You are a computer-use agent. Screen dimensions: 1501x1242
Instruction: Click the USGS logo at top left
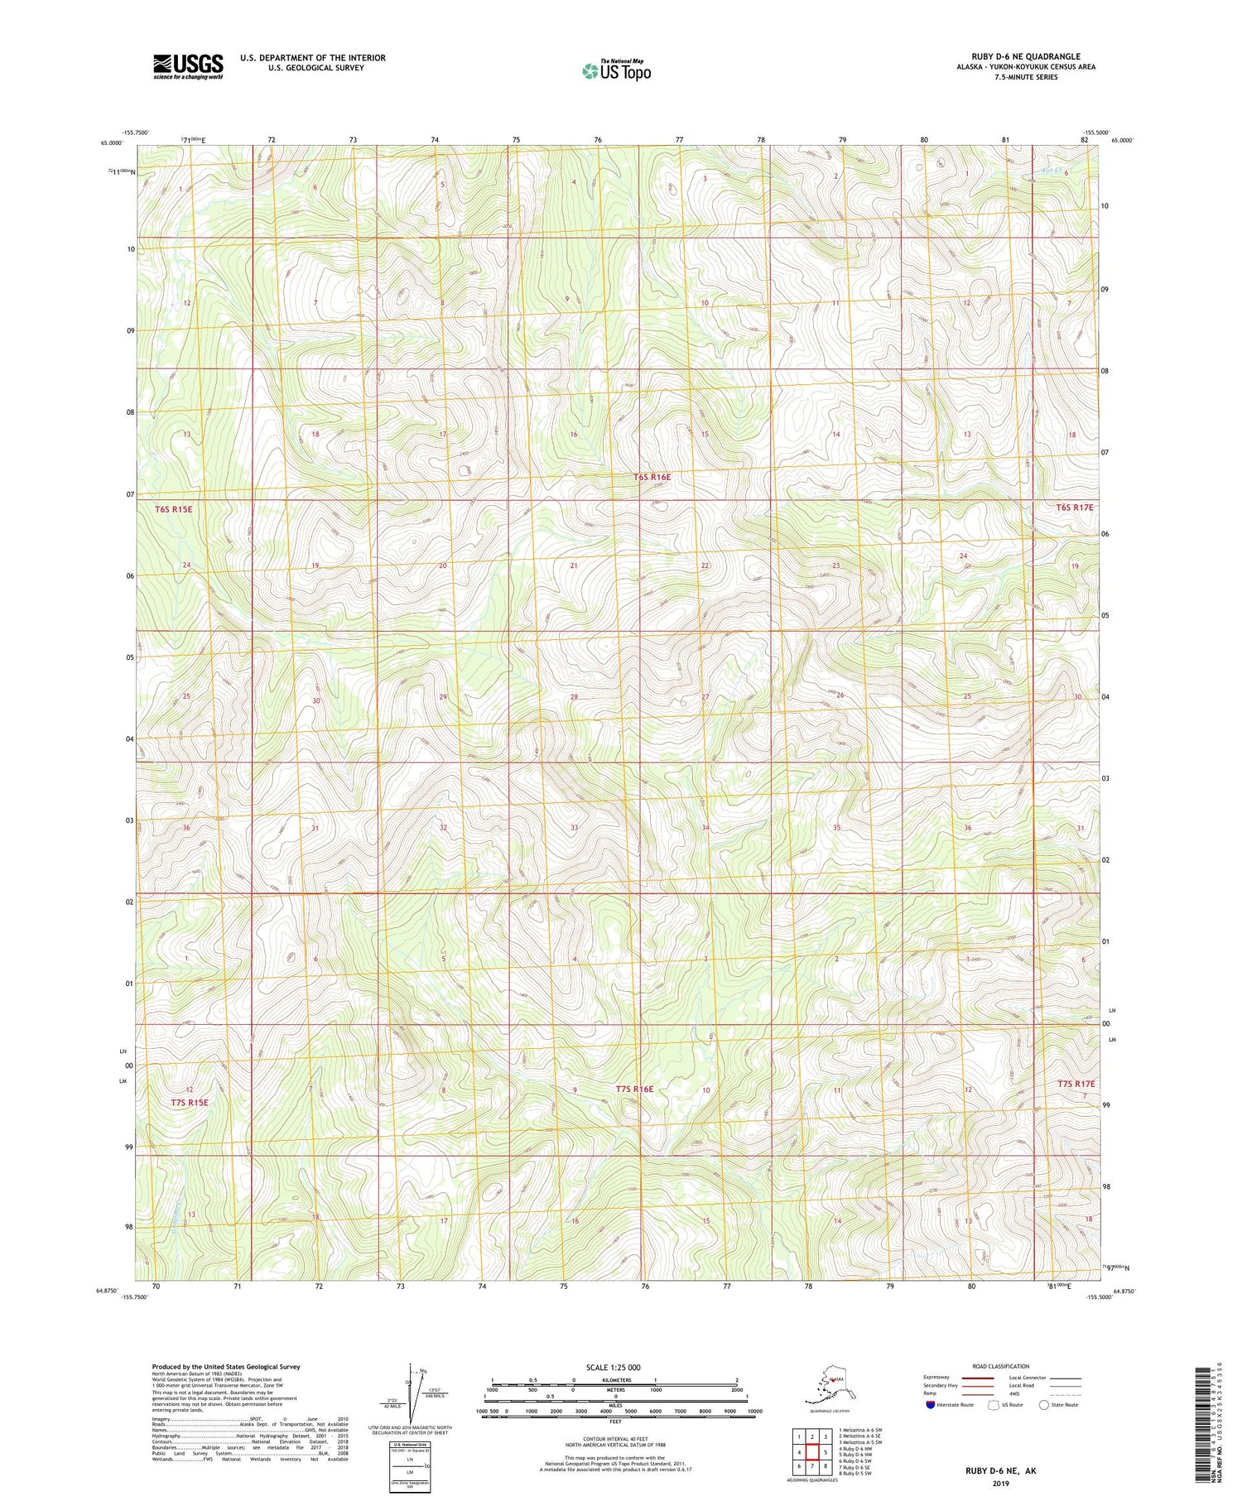pos(188,66)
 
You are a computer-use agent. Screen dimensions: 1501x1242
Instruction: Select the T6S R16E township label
pos(652,477)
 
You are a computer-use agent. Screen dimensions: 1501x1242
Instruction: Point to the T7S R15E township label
pos(190,1103)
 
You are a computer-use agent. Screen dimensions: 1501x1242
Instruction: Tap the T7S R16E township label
pos(634,1090)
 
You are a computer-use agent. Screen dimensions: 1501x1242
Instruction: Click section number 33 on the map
pos(574,828)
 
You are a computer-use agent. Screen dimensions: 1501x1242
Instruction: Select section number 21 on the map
pos(573,565)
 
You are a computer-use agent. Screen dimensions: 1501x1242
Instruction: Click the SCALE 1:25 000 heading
pos(613,1367)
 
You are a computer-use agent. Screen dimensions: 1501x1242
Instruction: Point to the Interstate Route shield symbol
pos(930,1405)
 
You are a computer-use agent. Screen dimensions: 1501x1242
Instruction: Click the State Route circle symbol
pos(1043,1405)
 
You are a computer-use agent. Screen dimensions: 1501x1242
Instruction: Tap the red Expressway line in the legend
pos(982,1378)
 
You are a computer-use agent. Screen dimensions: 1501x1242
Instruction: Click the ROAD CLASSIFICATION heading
pos(1001,1366)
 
